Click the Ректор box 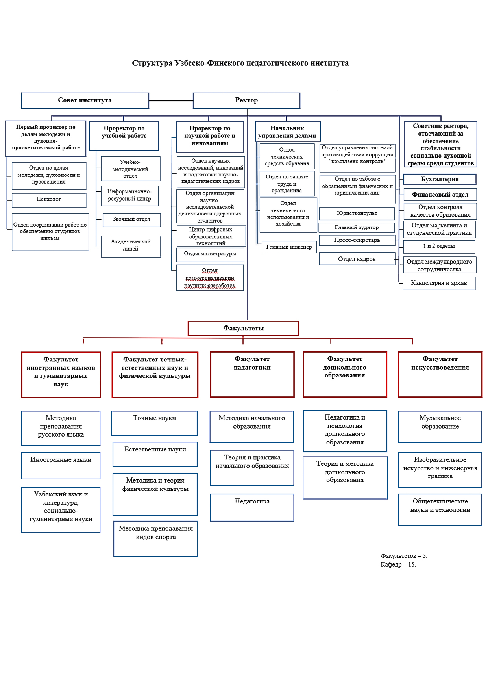246,100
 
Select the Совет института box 85,100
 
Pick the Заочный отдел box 131,220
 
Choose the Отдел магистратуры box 210,254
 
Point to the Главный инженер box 289,247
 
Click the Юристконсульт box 357,214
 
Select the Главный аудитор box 357,228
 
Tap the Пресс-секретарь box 357,240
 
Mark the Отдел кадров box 357,259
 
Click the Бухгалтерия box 440,179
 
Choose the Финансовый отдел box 440,195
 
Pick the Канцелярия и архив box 439,283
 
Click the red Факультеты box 243,328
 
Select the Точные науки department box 154,423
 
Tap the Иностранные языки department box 61,465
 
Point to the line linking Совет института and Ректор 171,101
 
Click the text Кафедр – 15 398,565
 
